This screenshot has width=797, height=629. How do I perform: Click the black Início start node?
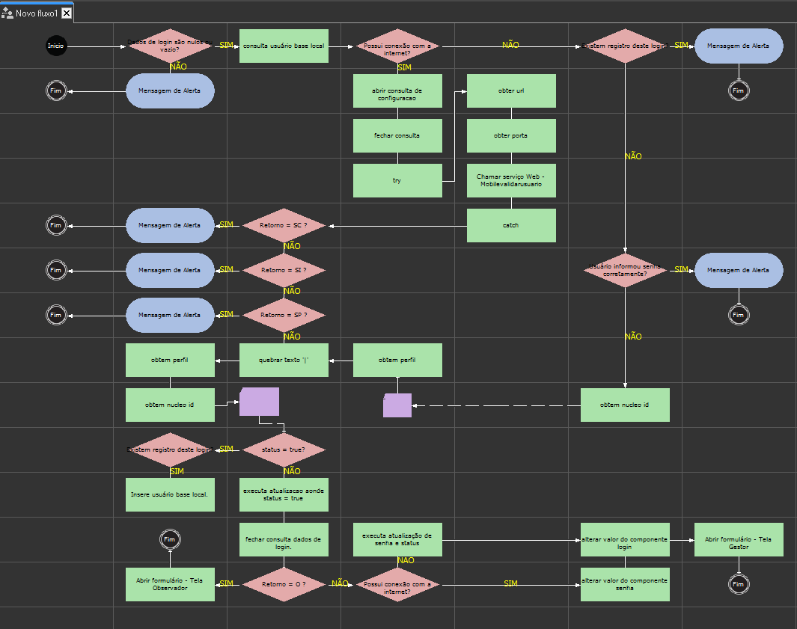pyautogui.click(x=56, y=46)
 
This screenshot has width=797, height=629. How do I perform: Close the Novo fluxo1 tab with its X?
pyautogui.click(x=67, y=13)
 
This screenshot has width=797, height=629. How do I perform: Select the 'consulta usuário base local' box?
pyautogui.click(x=284, y=46)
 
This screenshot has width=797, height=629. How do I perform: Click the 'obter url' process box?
pyautogui.click(x=511, y=90)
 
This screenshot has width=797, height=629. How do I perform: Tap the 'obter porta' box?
pyautogui.click(x=511, y=135)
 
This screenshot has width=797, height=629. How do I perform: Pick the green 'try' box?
pyautogui.click(x=397, y=180)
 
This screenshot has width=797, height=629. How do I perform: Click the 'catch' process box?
pyautogui.click(x=511, y=225)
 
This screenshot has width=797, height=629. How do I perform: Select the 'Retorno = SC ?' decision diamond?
pyautogui.click(x=284, y=225)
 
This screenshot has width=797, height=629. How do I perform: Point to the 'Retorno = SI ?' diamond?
pyautogui.click(x=284, y=270)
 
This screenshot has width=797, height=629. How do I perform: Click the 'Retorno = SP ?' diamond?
pyautogui.click(x=284, y=315)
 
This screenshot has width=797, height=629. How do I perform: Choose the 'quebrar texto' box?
pyautogui.click(x=284, y=360)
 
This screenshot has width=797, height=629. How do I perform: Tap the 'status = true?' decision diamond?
pyautogui.click(x=284, y=449)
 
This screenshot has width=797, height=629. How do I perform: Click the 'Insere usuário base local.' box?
pyautogui.click(x=170, y=494)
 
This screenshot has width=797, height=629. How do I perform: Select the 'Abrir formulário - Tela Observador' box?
pyautogui.click(x=170, y=584)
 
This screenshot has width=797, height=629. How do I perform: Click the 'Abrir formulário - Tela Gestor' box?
pyautogui.click(x=739, y=539)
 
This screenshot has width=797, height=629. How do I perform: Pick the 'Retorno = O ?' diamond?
pyautogui.click(x=284, y=584)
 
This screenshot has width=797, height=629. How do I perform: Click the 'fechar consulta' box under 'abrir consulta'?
pyautogui.click(x=397, y=135)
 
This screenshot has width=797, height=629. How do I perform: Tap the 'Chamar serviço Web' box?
pyautogui.click(x=511, y=180)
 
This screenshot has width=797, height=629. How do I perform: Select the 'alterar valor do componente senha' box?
pyautogui.click(x=625, y=584)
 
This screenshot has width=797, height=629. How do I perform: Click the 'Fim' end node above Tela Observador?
pyautogui.click(x=170, y=539)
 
